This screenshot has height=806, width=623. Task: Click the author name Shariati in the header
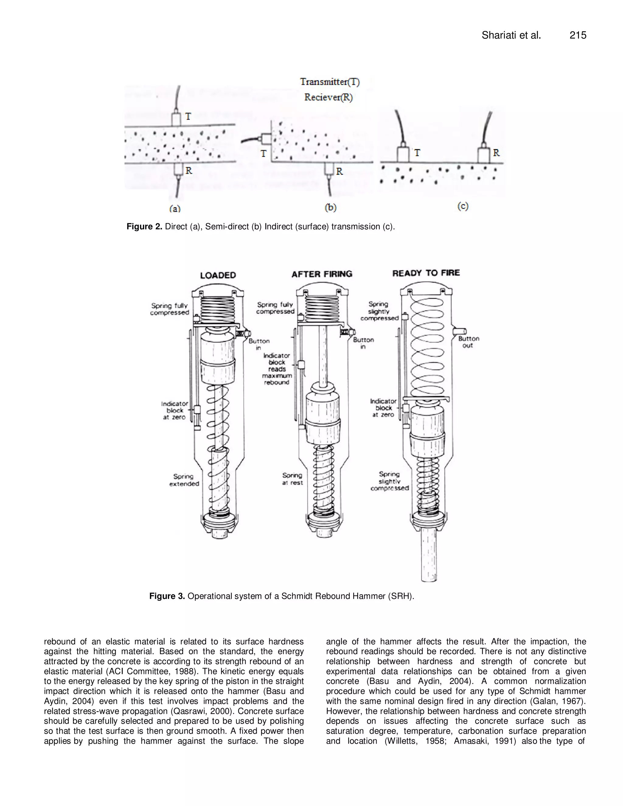click(499, 35)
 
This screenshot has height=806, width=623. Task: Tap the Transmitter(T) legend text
click(330, 82)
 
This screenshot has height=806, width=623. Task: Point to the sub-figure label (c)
click(463, 206)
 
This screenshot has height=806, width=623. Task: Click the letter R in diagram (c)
click(496, 152)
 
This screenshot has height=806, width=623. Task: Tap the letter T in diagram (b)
click(263, 153)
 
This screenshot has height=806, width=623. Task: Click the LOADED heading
click(218, 275)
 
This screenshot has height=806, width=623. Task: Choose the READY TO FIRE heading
click(426, 273)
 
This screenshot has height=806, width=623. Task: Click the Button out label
click(469, 342)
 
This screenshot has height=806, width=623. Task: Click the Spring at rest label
click(292, 479)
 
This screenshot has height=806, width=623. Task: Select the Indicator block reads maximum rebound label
click(277, 369)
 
